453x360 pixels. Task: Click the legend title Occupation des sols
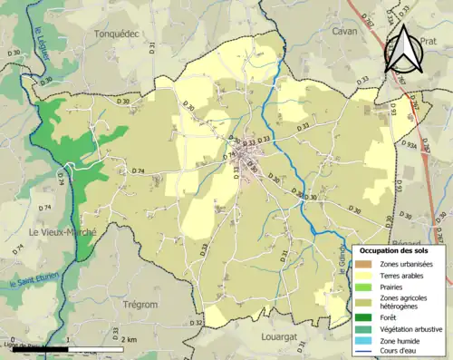pos(396,250)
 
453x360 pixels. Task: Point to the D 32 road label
pos(198,323)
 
